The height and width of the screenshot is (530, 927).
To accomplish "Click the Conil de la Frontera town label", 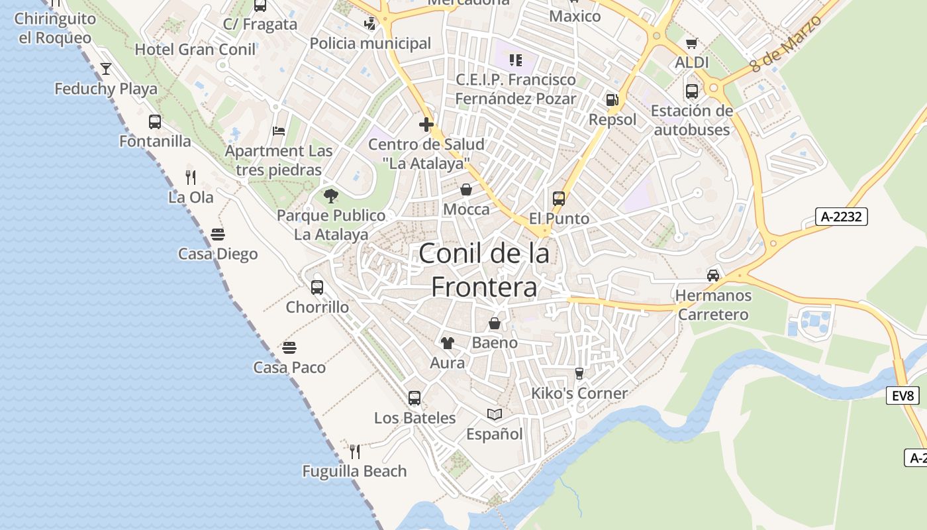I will tap(484, 270).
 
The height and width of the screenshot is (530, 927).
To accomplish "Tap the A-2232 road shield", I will tap(841, 216).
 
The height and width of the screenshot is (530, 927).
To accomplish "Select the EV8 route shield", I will tap(903, 396).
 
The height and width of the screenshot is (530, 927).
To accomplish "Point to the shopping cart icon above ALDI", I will tap(692, 43).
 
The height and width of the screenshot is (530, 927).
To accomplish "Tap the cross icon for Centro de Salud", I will tap(426, 124).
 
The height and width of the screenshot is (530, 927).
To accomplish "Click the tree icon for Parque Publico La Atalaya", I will tap(330, 195).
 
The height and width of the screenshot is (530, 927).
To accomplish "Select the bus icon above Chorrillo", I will tap(317, 288).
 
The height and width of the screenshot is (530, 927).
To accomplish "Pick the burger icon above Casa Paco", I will tap(289, 347).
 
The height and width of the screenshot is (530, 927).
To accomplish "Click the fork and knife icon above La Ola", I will tap(191, 177).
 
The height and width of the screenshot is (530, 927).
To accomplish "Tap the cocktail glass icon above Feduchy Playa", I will tap(106, 69).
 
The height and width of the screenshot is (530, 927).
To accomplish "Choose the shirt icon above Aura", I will tap(448, 343).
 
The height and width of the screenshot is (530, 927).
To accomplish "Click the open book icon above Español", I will tap(495, 414).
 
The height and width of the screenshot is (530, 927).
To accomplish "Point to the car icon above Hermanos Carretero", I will tap(713, 275).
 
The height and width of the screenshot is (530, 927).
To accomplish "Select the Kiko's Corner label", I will tap(579, 394).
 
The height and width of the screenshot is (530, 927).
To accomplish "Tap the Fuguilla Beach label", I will tap(354, 471).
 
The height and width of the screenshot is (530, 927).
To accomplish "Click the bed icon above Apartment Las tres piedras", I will tap(279, 131).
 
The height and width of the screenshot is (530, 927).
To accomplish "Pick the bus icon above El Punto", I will tap(559, 198).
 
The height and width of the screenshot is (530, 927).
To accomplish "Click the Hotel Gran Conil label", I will tap(195, 49).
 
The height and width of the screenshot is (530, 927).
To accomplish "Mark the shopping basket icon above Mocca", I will tap(466, 190).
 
